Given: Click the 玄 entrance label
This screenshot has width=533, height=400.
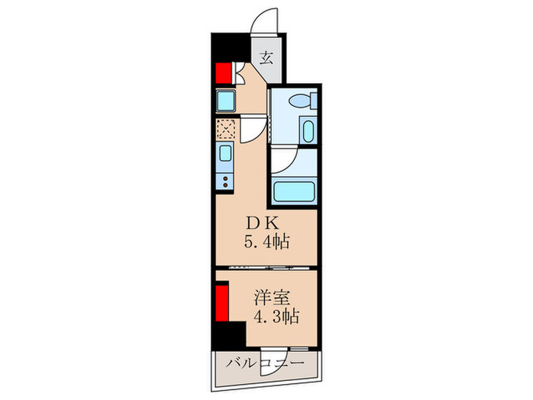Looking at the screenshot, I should pos(267,57).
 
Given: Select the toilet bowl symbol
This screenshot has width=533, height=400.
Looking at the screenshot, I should pos(300,99).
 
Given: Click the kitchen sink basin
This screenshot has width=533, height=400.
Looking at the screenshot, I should pos(225,155).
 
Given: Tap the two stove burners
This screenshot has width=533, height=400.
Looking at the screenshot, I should pos(225,181).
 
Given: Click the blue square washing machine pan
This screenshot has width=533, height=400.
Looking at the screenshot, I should pos(225,100).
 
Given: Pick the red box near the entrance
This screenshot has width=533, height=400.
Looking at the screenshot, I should pos(223,73).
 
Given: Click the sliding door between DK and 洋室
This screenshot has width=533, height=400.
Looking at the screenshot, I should pos(266,267).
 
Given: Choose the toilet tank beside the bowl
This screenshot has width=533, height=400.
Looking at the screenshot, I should pos(312,99).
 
